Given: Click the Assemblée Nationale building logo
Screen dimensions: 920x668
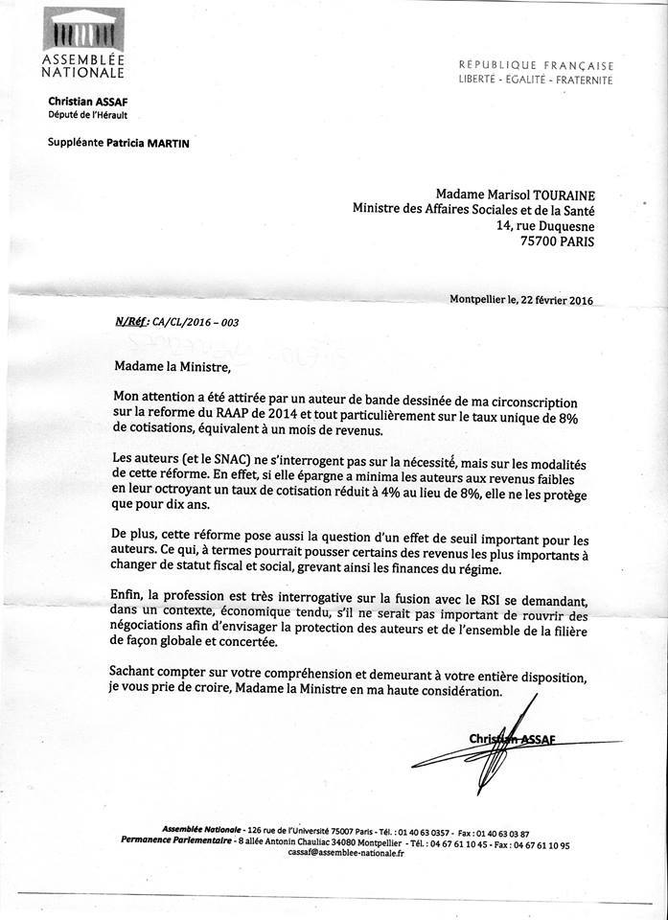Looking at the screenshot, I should click(83, 30).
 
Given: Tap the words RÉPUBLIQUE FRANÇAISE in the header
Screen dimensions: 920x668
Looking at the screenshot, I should click(536, 65).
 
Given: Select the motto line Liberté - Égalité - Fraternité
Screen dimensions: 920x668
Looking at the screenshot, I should click(535, 80).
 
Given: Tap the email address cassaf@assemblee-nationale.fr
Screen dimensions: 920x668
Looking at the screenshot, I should click(346, 853).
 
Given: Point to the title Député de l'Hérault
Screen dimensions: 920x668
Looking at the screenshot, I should click(88, 115).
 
